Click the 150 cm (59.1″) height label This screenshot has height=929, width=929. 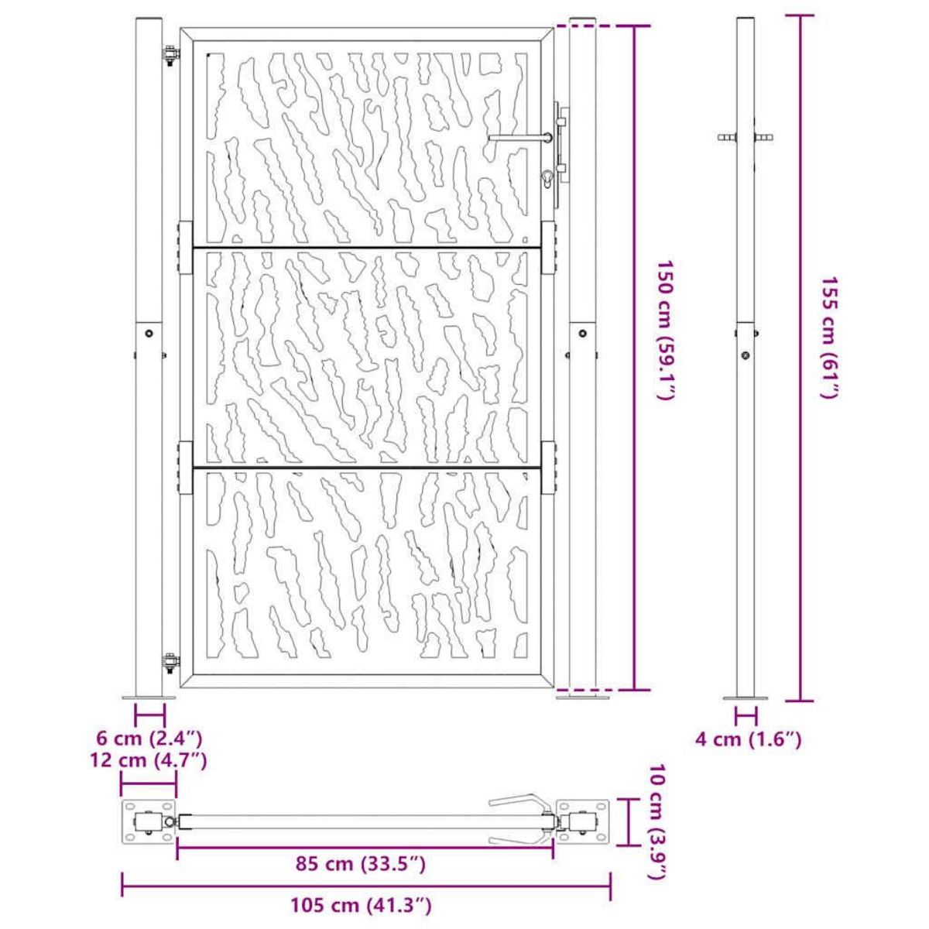[x=663, y=330]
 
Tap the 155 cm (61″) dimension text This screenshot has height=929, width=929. [x=830, y=337]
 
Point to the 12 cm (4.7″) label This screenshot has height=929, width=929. [x=150, y=760]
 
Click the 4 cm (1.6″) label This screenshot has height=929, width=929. [x=748, y=740]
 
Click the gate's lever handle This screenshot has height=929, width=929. [x=519, y=139]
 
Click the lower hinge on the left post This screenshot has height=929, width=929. [x=170, y=661]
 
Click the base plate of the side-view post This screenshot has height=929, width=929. [x=746, y=698]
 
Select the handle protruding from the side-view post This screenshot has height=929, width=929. [x=746, y=138]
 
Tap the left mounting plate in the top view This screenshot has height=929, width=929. [x=148, y=824]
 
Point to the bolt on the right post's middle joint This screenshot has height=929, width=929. [x=582, y=333]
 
